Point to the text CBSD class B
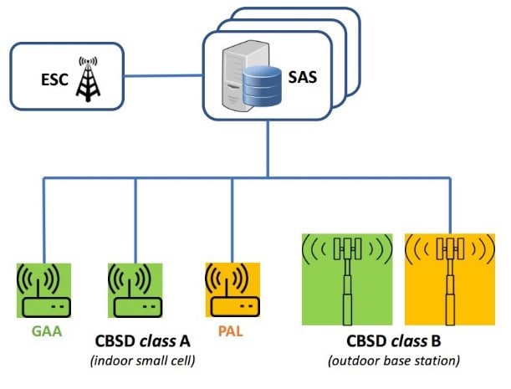point(394,342)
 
